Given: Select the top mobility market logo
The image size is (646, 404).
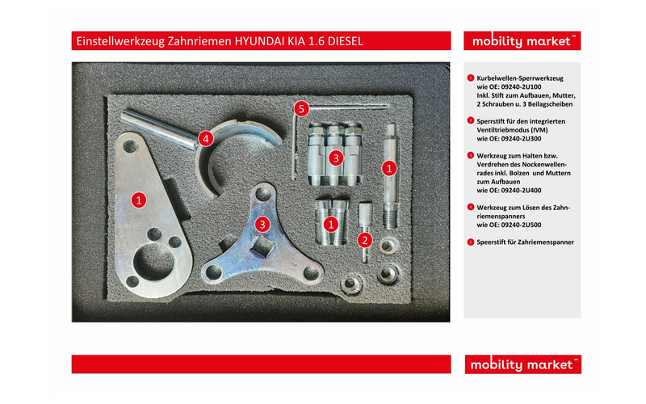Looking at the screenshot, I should point(522,41).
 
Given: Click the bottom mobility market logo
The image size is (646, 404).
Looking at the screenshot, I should point(522,364).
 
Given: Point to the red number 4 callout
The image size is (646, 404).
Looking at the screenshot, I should point(208,138).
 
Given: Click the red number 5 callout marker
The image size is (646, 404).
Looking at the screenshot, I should point(301,107).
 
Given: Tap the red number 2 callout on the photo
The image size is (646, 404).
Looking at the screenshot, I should point(364,238).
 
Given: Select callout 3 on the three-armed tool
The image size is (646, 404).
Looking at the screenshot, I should point(262,223).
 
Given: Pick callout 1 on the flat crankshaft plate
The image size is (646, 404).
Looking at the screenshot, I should point(139,197).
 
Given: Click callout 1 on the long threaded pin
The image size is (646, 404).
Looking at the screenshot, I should point(389,168).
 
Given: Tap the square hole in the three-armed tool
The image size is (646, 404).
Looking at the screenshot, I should point(258,244).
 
